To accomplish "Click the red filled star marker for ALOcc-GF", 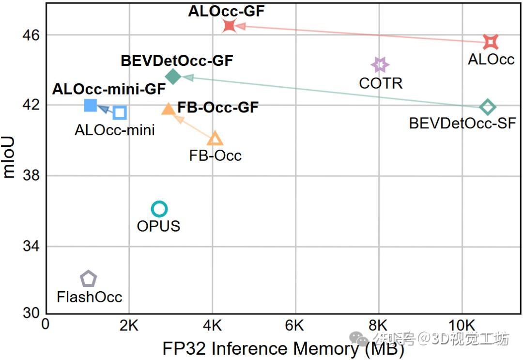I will click(230, 26).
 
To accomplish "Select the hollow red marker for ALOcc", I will click(491, 42).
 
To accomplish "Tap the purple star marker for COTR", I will click(380, 64).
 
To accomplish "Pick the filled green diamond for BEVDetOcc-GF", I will click(173, 76).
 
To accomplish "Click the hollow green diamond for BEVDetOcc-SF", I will click(487, 107).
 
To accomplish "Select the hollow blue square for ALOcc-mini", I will click(120, 113).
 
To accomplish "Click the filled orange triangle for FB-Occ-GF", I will click(169, 109).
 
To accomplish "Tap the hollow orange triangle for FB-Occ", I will click(215, 139).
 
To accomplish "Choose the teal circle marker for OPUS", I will click(159, 209).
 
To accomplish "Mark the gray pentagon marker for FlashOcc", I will click(88, 279).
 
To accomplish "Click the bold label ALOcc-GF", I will click(226, 11).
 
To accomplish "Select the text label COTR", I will click(381, 83).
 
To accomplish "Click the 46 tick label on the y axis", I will click(31, 35).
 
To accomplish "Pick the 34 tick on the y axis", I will click(31, 246).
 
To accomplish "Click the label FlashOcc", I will click(89, 297).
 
